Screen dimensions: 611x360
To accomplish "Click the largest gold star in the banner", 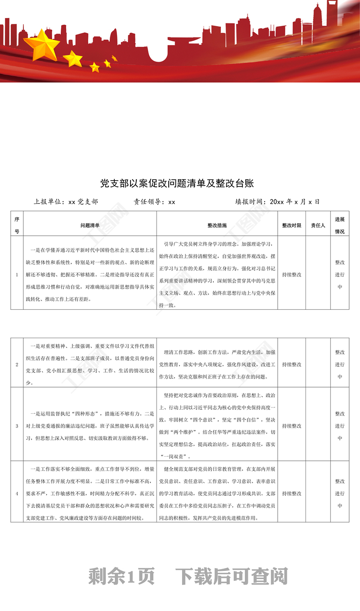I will point(41,44).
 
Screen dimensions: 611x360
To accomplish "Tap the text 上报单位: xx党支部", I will point(66,202).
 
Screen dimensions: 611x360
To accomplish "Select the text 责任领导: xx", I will point(154,202).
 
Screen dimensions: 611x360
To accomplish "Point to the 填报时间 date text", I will point(277,202).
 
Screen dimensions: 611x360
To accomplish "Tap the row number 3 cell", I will point(17,425).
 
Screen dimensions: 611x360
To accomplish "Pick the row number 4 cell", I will point(17,493).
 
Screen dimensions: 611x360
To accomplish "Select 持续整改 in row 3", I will point(291,425).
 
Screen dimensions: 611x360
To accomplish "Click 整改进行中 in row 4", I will point(340,493).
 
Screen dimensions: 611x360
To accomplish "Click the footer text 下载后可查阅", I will point(231,576).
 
